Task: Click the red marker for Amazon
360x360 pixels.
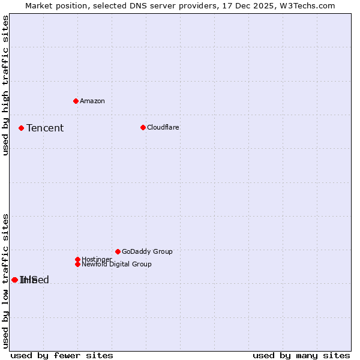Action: (x=76, y=101)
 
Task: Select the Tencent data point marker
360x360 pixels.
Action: (x=21, y=128)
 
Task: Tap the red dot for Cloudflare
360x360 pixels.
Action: (x=143, y=127)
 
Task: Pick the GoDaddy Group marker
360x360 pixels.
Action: (x=118, y=251)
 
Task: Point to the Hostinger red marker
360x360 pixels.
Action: (x=77, y=259)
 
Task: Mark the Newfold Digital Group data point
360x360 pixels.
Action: (x=77, y=264)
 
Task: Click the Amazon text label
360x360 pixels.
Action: (x=92, y=101)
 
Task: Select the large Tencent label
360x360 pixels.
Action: (x=45, y=128)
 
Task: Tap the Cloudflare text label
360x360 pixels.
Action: (x=163, y=127)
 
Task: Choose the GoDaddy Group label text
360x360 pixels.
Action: (x=147, y=251)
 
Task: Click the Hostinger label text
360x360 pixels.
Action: (x=97, y=259)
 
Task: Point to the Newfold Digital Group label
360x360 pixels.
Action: (x=117, y=264)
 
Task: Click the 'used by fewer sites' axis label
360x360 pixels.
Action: (x=62, y=355)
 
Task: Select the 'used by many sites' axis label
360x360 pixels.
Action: (x=301, y=355)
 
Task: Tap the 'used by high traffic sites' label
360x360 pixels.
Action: (x=5, y=85)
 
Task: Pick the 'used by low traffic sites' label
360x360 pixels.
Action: (x=5, y=281)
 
